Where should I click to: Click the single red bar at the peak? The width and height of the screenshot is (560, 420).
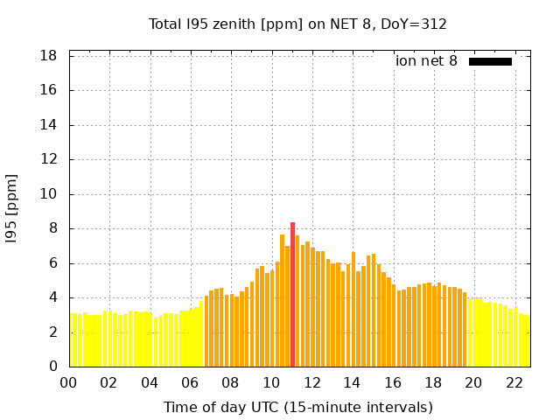[292, 294]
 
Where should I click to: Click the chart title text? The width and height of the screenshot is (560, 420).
[297, 24]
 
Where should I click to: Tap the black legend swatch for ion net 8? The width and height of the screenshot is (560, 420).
[490, 61]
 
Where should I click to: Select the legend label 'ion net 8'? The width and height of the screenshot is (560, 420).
[426, 61]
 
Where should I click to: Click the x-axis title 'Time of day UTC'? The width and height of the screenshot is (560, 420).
[297, 407]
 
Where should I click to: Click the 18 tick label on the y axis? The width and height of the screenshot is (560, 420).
[49, 56]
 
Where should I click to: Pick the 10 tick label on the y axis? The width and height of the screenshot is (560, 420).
[49, 194]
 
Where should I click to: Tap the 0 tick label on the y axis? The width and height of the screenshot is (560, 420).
[53, 367]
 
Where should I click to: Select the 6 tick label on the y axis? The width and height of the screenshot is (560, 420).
[53, 263]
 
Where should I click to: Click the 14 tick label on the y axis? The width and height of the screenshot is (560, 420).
[49, 125]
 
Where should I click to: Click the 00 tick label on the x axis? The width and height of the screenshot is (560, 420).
[68, 383]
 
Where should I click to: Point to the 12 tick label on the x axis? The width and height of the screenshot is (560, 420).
[311, 383]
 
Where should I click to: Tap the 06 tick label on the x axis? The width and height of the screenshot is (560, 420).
[190, 383]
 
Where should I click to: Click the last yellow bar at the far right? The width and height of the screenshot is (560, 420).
[526, 341]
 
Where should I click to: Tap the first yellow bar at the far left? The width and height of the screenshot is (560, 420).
[72, 339]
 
